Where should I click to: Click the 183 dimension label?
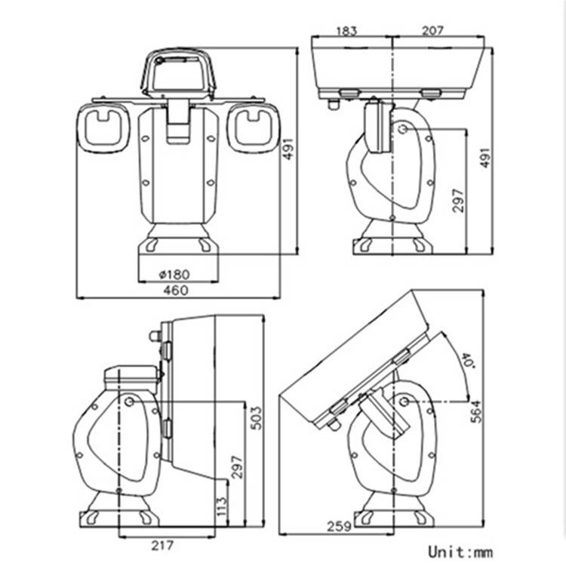click(x=346, y=31)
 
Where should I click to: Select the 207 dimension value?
click(x=432, y=30)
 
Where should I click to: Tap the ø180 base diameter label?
click(x=174, y=275)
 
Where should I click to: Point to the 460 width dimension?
click(x=176, y=291)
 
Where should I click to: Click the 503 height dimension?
click(x=257, y=418)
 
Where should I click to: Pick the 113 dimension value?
click(x=222, y=506)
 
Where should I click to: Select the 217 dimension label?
click(x=162, y=545)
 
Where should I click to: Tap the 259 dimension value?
click(x=339, y=526)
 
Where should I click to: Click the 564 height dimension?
click(x=476, y=411)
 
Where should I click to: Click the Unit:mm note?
click(x=460, y=552)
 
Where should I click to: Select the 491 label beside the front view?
click(x=288, y=149)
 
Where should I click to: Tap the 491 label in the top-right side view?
click(x=485, y=158)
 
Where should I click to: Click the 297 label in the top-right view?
click(x=458, y=200)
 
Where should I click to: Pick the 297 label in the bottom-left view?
click(x=237, y=467)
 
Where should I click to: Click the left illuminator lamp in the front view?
click(x=103, y=128)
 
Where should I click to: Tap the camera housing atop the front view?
click(x=178, y=72)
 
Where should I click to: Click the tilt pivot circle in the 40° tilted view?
click(x=405, y=401)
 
